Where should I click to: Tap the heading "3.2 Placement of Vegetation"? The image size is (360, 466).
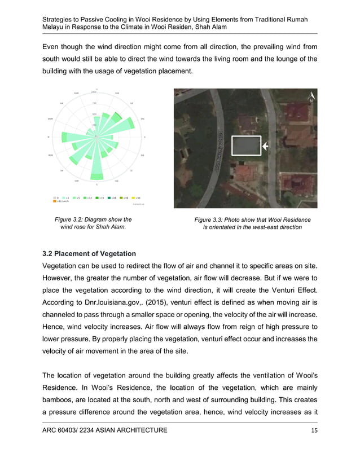89,253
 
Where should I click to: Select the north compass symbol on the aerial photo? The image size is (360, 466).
311,98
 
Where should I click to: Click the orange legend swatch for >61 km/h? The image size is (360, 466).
55,201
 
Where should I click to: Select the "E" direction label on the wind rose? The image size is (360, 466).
145,137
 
